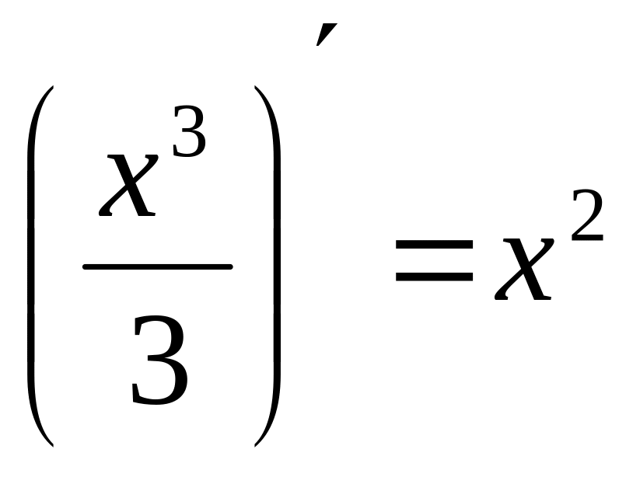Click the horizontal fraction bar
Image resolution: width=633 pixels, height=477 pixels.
(x=157, y=266)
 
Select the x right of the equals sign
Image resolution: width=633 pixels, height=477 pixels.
(x=523, y=269)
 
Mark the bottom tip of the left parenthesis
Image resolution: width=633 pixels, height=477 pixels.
(x=52, y=446)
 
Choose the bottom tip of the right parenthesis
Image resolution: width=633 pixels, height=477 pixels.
(x=255, y=446)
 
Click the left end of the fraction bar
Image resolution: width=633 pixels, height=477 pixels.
(x=84, y=266)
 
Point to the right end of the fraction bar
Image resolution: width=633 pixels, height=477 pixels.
(x=232, y=266)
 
